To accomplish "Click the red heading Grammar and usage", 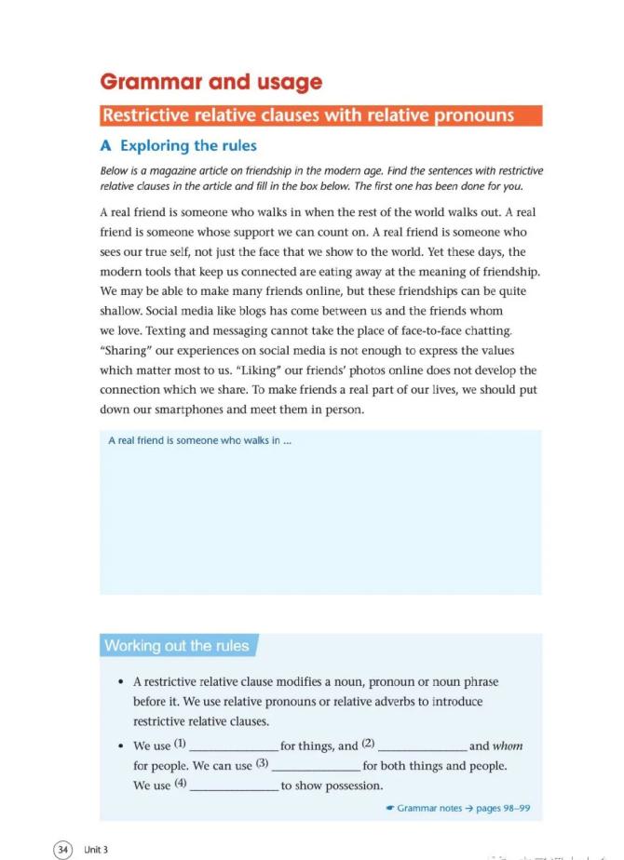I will coord(210,82).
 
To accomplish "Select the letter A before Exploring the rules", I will coord(106,145).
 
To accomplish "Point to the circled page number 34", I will coord(63,849).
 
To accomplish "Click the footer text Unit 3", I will coord(96,849).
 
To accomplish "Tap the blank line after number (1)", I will coord(233,747).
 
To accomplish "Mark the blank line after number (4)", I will coord(233,786).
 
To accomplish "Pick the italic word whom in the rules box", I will coord(508,746).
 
